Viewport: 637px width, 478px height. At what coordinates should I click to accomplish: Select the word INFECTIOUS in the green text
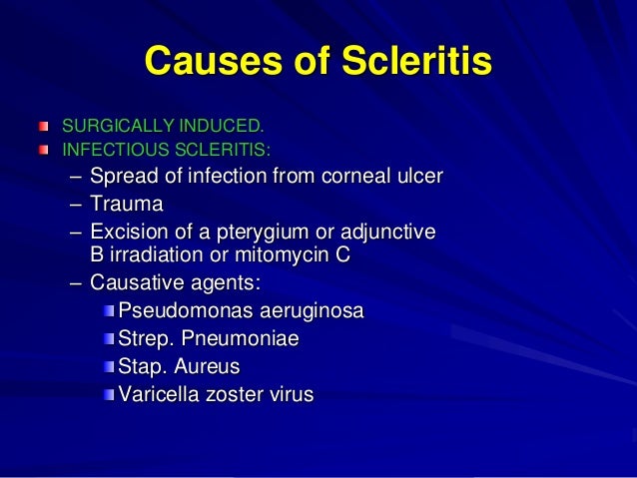107,150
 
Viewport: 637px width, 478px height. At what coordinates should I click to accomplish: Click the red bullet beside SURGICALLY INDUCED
43,127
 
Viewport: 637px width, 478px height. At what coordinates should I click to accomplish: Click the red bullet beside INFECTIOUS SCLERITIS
43,150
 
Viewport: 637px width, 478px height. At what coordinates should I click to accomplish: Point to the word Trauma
125,205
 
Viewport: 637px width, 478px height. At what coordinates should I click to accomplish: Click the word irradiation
153,253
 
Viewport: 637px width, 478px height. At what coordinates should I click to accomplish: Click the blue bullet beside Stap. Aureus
109,366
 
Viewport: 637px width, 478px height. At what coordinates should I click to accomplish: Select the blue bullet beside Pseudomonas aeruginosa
109,311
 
